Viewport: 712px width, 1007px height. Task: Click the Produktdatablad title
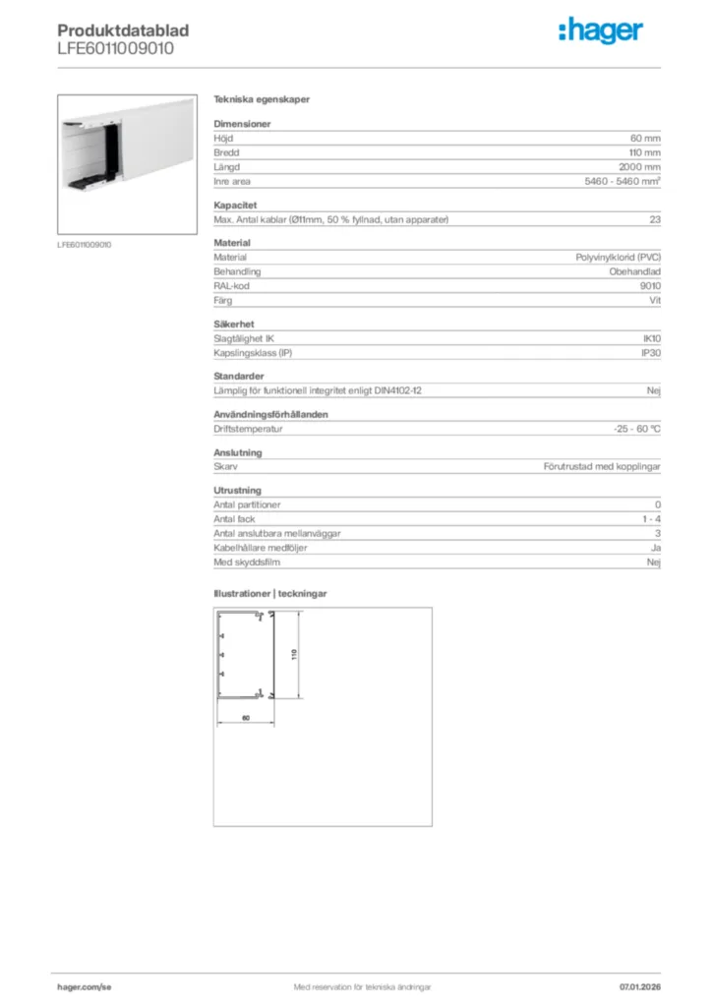coord(123,30)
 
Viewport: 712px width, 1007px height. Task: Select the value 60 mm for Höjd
coord(645,139)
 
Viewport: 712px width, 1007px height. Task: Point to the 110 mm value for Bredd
coord(645,153)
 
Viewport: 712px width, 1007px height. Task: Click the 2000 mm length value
coord(640,167)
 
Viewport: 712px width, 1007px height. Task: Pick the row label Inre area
coord(233,182)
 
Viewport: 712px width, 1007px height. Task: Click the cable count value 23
coord(654,219)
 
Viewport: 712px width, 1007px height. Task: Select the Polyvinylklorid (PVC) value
coord(618,257)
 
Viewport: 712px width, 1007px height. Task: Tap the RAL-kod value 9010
coord(649,285)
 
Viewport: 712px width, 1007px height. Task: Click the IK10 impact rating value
coord(651,337)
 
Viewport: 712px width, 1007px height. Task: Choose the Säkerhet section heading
coord(235,323)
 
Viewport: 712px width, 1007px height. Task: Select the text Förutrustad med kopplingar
coord(601,466)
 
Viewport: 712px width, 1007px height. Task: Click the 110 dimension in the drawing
coord(293,654)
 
